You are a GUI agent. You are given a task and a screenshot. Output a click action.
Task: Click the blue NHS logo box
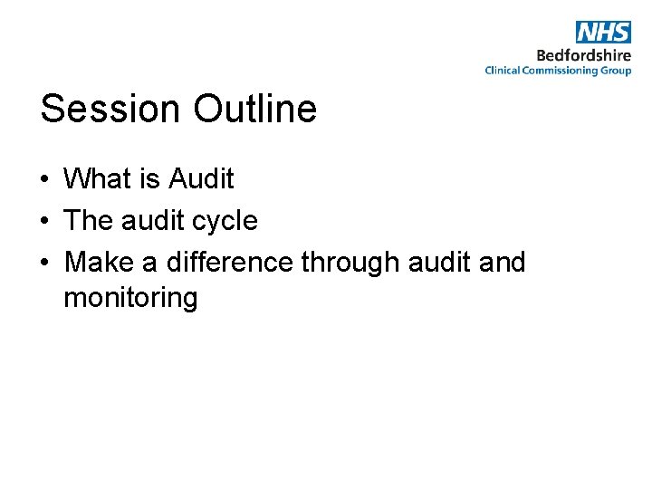[x=603, y=32]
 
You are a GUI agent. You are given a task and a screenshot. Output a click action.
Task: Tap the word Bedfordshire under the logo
[x=584, y=54]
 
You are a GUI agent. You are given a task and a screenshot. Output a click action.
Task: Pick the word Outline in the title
[x=254, y=109]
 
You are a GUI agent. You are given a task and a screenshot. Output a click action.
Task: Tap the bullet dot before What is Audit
[x=44, y=179]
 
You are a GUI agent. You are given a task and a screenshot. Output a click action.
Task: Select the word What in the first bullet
[x=98, y=179]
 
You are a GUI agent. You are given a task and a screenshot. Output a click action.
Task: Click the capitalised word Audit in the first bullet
[x=201, y=179]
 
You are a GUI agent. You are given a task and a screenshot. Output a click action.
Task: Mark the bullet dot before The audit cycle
[x=44, y=221]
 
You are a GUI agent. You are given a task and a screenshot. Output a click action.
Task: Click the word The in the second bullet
[x=88, y=221]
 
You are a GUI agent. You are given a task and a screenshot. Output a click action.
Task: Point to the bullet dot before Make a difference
[x=44, y=263]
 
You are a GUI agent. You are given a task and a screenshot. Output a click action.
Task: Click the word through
[x=350, y=264]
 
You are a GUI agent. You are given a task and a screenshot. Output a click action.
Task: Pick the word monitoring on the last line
[x=130, y=298]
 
